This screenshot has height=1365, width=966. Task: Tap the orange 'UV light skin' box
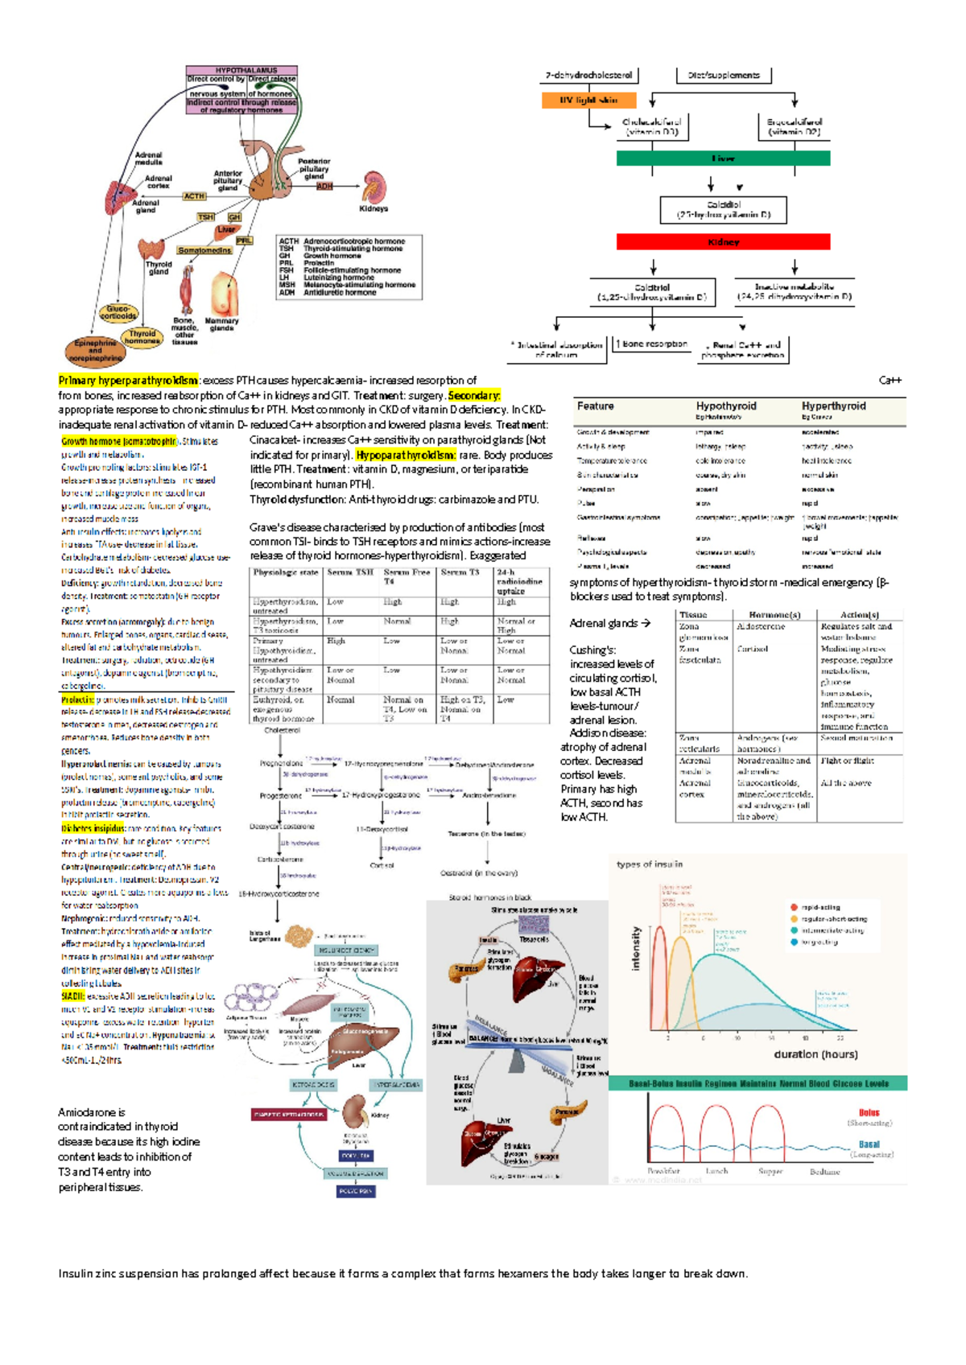click(x=588, y=100)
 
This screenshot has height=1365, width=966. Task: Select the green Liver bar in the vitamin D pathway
click(x=723, y=159)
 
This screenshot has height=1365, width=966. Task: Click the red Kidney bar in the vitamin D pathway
click(x=723, y=241)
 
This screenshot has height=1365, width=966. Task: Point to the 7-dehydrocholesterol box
click(x=588, y=75)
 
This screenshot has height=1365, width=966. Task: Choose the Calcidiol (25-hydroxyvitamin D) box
click(x=723, y=210)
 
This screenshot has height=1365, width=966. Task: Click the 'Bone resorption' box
click(x=651, y=344)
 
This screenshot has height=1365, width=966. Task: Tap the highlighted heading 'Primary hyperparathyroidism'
click(x=128, y=380)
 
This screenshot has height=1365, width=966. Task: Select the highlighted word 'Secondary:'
click(x=474, y=395)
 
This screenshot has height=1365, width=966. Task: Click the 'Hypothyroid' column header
click(x=726, y=406)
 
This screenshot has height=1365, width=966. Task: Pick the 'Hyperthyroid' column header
click(x=833, y=406)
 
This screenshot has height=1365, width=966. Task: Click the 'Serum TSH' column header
click(x=350, y=572)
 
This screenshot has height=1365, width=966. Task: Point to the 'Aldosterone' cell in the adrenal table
click(x=761, y=626)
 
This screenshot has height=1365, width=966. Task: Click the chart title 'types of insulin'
click(x=650, y=864)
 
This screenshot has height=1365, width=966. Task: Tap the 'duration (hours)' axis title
click(x=815, y=1054)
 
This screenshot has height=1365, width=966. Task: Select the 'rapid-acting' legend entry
click(x=819, y=907)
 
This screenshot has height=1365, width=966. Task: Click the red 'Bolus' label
click(x=869, y=1112)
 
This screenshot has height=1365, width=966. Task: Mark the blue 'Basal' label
click(x=869, y=1144)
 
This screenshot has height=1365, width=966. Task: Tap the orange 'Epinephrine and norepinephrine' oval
click(x=96, y=351)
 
